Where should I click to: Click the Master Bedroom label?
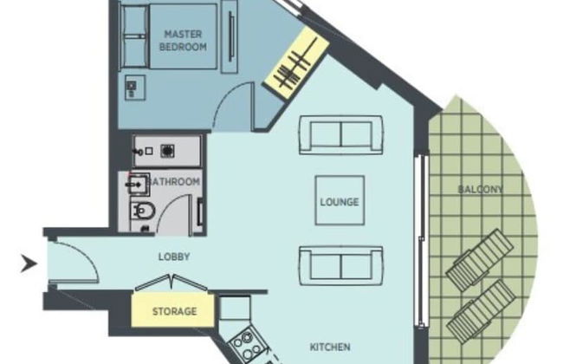tap(183, 41)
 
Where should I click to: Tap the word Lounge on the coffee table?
tap(340, 202)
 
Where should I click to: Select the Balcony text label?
tap(481, 189)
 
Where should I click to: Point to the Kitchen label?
tap(330, 348)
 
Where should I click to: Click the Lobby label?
tap(174, 257)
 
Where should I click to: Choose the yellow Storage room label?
tap(174, 311)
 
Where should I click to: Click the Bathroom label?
tap(173, 181)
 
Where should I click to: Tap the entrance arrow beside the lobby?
tap(29, 263)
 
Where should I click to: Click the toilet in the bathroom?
tap(143, 211)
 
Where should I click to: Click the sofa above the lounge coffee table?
tap(340, 135)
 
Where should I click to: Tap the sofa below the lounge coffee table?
tap(340, 266)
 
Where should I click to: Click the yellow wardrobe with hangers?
tap(296, 63)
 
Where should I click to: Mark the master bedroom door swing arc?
tap(225, 95)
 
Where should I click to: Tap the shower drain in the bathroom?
tap(167, 152)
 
